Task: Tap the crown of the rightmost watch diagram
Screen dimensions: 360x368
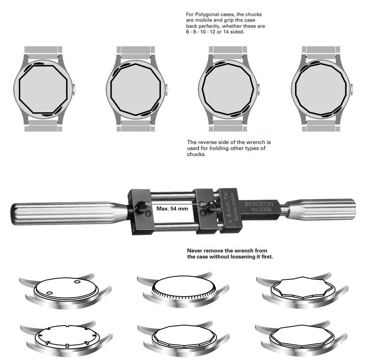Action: click(352, 90)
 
